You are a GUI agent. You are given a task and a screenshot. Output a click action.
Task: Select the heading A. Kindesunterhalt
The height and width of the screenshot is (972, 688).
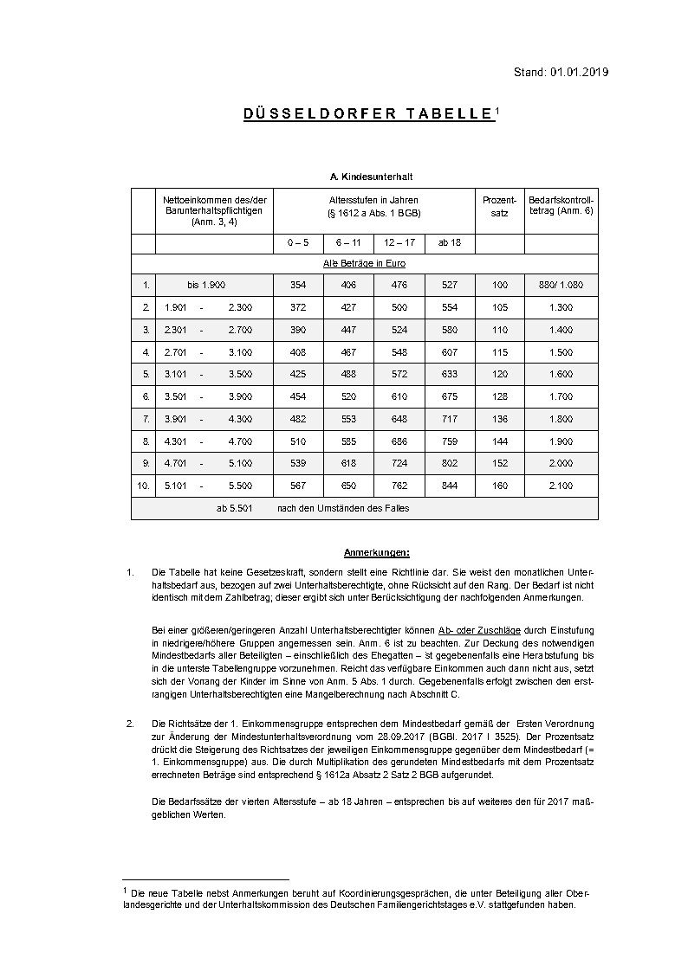[x=364, y=176]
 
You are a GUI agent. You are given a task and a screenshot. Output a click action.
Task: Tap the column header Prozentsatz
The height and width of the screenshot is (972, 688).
[x=499, y=206]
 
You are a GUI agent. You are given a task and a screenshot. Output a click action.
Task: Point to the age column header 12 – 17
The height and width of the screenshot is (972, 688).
[x=400, y=242]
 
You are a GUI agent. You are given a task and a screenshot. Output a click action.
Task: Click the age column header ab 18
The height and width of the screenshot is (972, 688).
[x=450, y=242]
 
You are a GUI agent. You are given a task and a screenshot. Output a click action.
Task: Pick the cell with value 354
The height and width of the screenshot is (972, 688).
[x=298, y=285]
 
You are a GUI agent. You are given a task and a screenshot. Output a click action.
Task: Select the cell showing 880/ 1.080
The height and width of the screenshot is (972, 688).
[x=561, y=285]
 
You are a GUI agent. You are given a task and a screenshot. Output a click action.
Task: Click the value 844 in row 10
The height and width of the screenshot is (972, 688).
[x=450, y=486]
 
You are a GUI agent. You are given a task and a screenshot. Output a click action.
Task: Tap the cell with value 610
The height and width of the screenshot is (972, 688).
[x=399, y=396]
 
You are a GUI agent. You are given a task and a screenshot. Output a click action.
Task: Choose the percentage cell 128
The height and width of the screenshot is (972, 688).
[x=499, y=396]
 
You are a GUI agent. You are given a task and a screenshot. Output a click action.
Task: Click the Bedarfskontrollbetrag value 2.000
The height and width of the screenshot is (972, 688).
[x=561, y=464]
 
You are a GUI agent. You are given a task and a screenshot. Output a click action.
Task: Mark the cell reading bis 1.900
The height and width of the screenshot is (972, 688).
[x=206, y=285]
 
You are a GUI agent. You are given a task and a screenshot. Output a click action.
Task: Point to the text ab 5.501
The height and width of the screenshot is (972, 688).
[x=234, y=508]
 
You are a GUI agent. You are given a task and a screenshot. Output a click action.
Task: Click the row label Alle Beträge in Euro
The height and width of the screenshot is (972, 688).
[x=364, y=263]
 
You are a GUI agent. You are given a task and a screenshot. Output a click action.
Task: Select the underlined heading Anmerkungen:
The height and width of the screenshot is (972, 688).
[x=376, y=551]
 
